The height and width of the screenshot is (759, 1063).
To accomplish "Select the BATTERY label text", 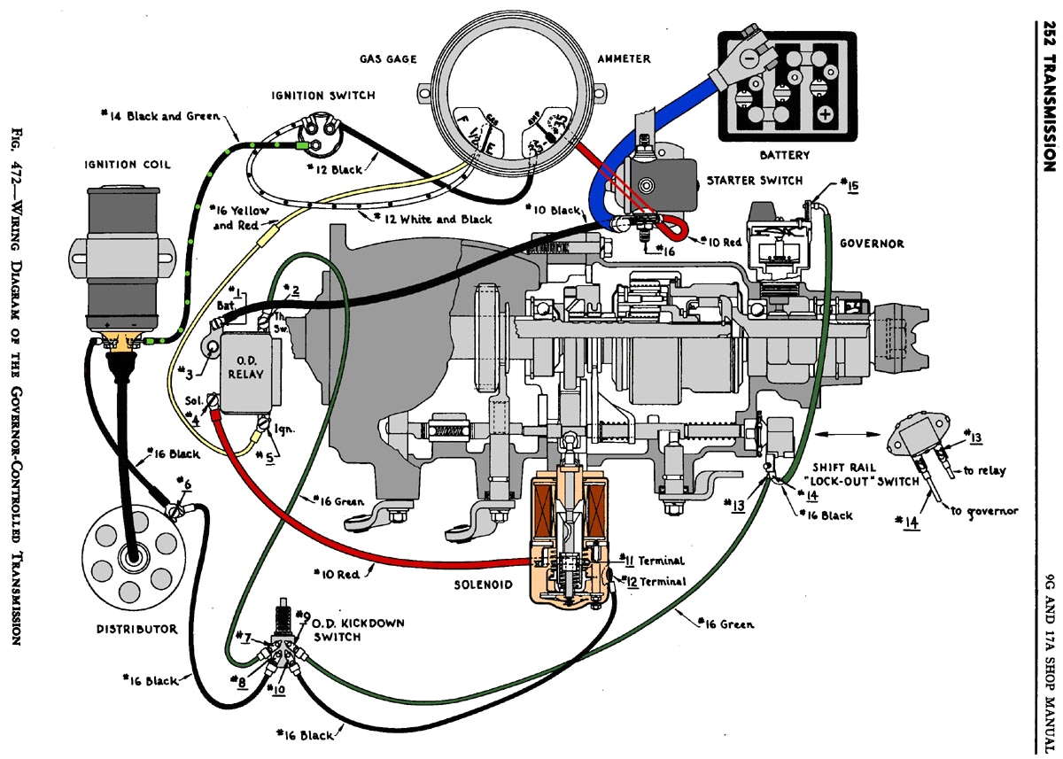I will point(784,155).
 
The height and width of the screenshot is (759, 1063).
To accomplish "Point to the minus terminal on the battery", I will point(749,58).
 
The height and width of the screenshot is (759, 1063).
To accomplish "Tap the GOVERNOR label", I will point(872,244).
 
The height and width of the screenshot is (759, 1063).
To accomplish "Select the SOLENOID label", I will point(485,585).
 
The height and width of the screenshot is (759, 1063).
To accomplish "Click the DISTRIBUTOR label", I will point(137,629).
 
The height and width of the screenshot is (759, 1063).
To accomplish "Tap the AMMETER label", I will point(624,58).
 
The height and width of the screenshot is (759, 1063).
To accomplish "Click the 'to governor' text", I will point(984,511).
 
